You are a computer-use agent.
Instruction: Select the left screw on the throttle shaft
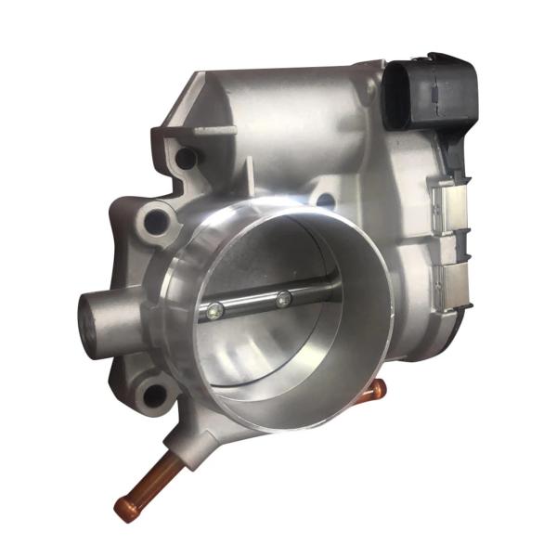(214, 311)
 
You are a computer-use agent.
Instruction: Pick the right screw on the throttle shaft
(281, 299)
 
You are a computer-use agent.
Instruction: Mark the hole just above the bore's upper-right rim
(324, 200)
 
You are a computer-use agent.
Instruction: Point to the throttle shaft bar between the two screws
(248, 305)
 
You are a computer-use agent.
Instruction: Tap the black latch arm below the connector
(455, 153)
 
